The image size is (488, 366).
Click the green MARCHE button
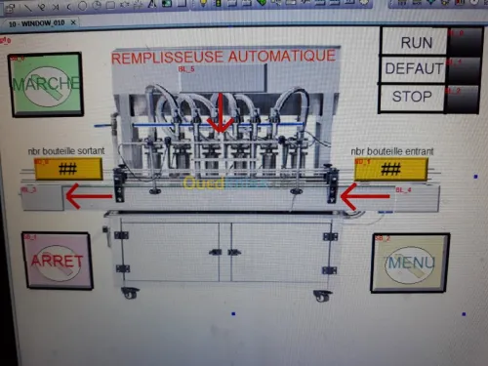tap(45, 85)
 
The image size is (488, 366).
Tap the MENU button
tap(410, 263)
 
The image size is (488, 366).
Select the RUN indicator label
tap(416, 42)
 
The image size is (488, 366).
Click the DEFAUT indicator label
tap(414, 69)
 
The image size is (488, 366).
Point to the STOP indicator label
tap(412, 96)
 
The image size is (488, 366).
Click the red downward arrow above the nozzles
tap(221, 112)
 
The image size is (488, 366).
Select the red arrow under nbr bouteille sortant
tap(88, 198)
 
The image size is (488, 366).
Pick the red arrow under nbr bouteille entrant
tap(364, 199)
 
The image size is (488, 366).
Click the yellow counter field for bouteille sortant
tap(68, 169)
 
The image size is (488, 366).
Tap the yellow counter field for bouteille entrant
tap(390, 169)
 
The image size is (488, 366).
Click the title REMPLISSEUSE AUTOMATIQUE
tap(224, 57)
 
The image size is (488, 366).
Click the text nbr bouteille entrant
tap(392, 151)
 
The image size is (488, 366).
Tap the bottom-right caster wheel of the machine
tap(321, 293)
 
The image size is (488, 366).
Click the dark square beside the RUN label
tap(463, 42)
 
